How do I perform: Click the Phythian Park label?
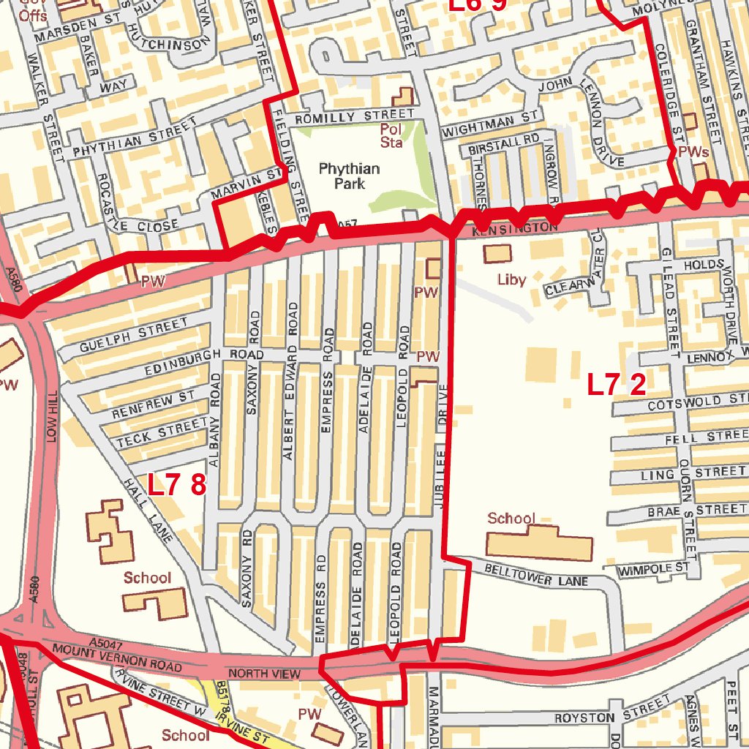coord(349,176)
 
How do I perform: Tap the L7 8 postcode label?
coord(176,484)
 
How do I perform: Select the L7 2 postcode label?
coord(617,385)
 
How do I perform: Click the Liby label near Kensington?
coord(511,279)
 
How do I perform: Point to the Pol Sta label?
coord(391,136)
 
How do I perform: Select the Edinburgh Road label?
coord(193,361)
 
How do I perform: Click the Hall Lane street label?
coord(148,511)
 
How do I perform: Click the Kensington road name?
coord(514,229)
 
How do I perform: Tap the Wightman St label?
coord(490,123)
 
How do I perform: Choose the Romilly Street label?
coord(354,117)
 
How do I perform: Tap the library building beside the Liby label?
coord(498,254)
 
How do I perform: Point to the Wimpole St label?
coord(654,568)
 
